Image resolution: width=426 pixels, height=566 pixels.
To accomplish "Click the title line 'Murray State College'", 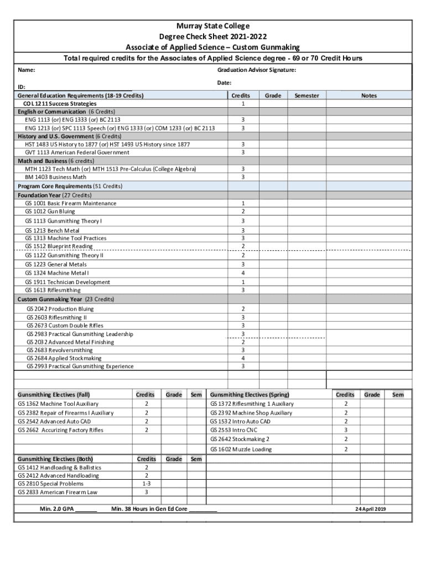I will (x=213, y=26).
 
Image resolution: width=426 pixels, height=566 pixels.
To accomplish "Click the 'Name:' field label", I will (x=27, y=70).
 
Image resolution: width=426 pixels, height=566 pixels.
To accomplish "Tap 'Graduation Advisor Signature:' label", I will (x=256, y=70).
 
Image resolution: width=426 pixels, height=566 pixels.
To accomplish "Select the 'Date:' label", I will (x=224, y=82).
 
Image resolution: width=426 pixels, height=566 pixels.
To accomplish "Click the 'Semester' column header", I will (x=306, y=96).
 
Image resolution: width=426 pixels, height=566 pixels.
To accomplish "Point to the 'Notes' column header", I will (x=368, y=96).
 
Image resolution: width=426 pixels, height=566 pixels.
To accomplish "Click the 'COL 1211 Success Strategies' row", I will (x=60, y=103).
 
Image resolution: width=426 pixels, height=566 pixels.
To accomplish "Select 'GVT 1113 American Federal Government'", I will (x=77, y=152).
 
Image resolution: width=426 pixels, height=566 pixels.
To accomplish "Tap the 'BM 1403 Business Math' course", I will (x=55, y=177).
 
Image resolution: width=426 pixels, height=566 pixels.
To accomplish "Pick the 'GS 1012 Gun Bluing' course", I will (x=50, y=211).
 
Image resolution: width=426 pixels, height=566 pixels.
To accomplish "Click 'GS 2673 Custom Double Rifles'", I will (x=65, y=326).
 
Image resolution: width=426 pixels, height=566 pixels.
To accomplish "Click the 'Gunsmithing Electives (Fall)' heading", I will (x=54, y=395).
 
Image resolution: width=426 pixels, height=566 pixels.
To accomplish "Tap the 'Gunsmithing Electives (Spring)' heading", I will (x=249, y=395).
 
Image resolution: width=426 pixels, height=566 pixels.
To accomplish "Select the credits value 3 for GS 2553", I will (x=346, y=429).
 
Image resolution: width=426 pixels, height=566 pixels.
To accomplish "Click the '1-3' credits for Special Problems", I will (x=146, y=483).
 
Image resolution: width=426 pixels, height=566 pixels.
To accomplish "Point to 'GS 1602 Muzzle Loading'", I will (x=241, y=449).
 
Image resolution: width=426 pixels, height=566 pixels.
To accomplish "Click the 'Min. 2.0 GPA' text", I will (x=57, y=509).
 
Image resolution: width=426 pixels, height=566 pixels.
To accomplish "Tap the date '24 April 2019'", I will (x=370, y=509).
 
